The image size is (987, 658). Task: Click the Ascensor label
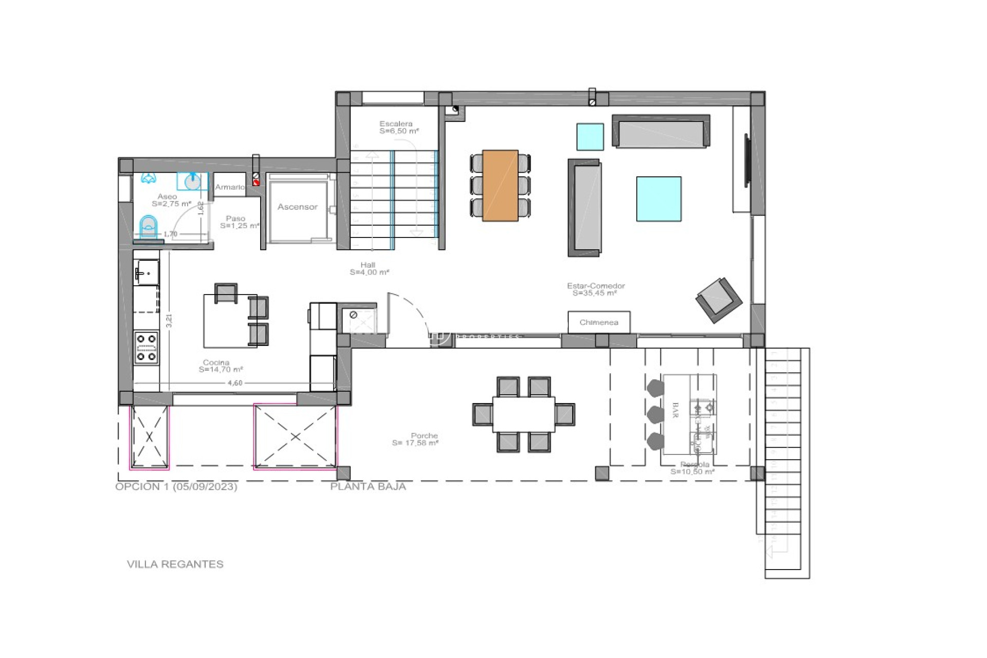(x=297, y=207)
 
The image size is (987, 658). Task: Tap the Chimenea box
(x=599, y=322)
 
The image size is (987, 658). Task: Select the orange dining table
(x=500, y=186)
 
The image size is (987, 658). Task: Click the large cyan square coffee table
(x=659, y=199)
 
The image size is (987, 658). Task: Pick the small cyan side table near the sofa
(x=590, y=137)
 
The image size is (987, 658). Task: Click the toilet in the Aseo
(x=149, y=227)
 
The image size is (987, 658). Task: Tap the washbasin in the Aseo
(x=193, y=181)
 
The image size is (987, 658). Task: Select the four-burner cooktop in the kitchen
(x=146, y=348)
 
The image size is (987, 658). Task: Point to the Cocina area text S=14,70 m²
(x=221, y=370)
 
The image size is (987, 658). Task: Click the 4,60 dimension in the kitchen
(x=235, y=383)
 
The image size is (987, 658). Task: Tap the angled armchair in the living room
(x=719, y=300)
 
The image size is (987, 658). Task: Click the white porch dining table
(x=523, y=414)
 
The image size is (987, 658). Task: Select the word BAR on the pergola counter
(x=675, y=410)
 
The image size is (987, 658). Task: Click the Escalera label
(x=396, y=124)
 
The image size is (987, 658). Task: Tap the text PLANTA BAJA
(x=368, y=486)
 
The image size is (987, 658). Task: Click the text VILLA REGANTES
(x=175, y=564)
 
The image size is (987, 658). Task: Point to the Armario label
(x=229, y=187)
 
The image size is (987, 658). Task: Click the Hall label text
(x=368, y=265)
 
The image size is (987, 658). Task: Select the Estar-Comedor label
(x=596, y=286)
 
